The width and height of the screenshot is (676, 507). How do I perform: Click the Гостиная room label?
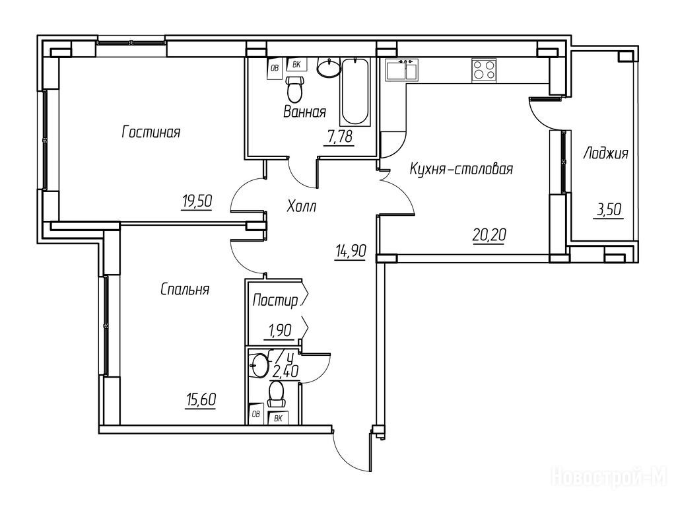[x=151, y=132]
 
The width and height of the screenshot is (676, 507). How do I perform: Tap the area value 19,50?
[x=197, y=201]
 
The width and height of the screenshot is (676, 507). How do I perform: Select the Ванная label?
[x=304, y=112]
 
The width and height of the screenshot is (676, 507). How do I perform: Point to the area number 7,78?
[x=340, y=137]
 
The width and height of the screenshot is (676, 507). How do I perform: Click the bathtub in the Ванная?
[x=355, y=91]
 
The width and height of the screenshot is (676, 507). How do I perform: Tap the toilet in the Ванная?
[x=295, y=88]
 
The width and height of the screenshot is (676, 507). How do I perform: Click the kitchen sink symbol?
[x=402, y=70]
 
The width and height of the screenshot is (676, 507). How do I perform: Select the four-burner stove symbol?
[x=484, y=70]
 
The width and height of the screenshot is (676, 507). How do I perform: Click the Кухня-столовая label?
[x=461, y=168]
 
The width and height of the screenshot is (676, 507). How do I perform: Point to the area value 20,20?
[x=489, y=236]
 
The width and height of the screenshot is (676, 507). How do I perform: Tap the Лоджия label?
[x=605, y=153]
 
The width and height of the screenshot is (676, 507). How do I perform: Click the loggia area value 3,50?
[x=609, y=211]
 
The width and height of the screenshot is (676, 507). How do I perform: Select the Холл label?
[x=301, y=207]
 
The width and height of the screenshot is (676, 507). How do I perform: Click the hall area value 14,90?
[x=351, y=250]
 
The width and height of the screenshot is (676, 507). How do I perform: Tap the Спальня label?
[x=185, y=289]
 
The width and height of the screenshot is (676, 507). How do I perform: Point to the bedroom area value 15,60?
[x=201, y=400]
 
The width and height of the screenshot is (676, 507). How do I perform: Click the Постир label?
[x=275, y=300]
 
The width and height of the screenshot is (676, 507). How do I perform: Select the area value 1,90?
[x=280, y=331]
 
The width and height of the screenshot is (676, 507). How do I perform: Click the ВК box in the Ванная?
[x=296, y=65]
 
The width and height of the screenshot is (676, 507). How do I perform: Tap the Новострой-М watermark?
[x=609, y=478]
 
